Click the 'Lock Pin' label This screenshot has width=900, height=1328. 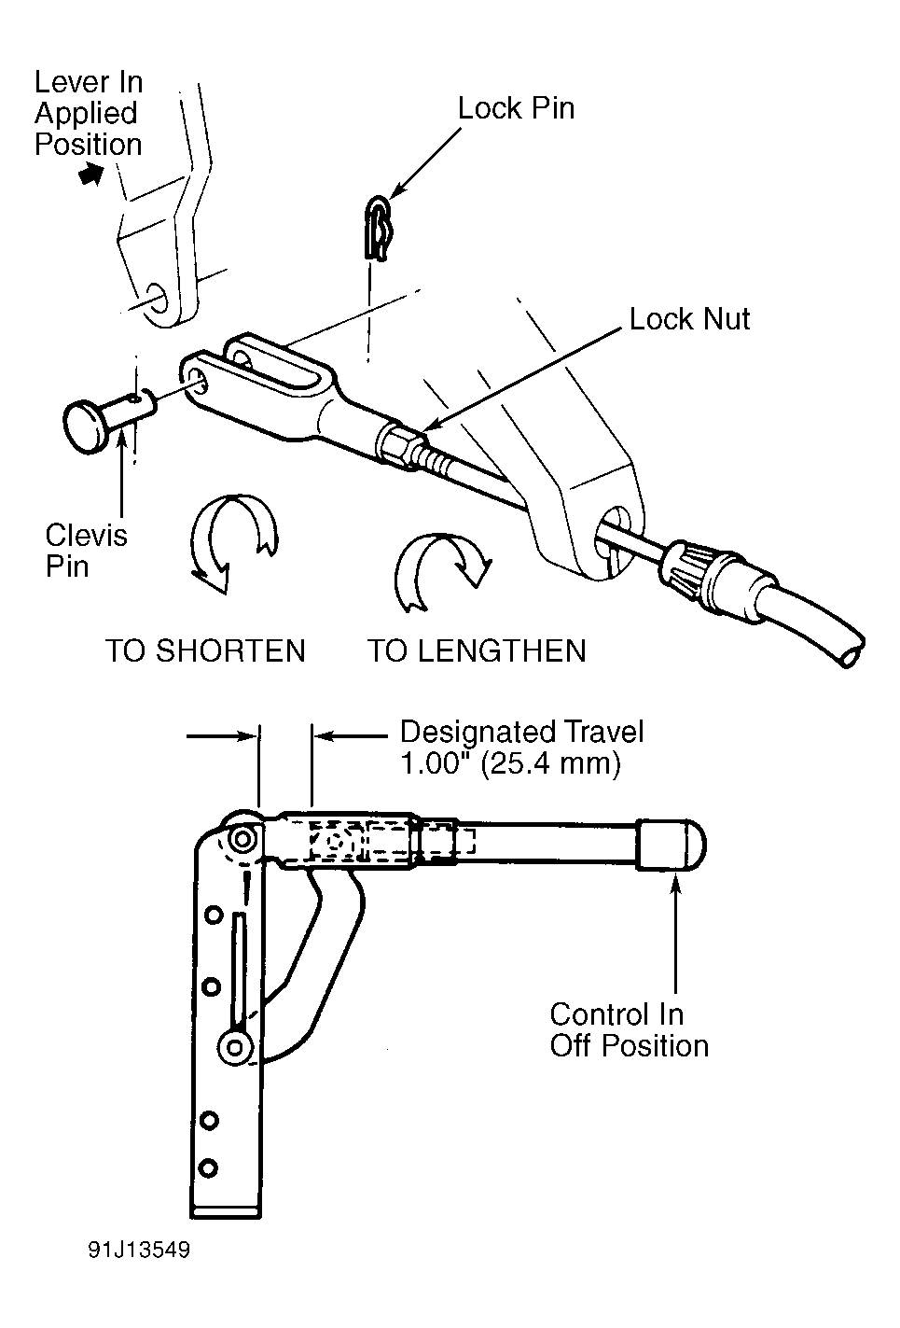click(516, 108)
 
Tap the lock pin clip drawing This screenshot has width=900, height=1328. click(378, 229)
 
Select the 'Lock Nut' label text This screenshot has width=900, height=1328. click(689, 319)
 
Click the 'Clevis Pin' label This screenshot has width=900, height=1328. click(86, 551)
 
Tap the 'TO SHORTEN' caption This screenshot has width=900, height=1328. click(205, 651)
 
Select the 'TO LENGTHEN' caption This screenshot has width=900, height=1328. click(477, 651)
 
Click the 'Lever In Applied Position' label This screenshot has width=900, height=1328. click(89, 113)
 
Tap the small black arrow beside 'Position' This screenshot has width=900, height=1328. click(90, 175)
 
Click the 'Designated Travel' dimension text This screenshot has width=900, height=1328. click(521, 733)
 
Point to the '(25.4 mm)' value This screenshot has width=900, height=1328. click(551, 764)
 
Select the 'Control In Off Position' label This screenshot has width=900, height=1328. click(630, 1030)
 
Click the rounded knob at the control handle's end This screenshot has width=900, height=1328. click(671, 845)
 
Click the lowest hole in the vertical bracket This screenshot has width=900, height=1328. click(208, 1167)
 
